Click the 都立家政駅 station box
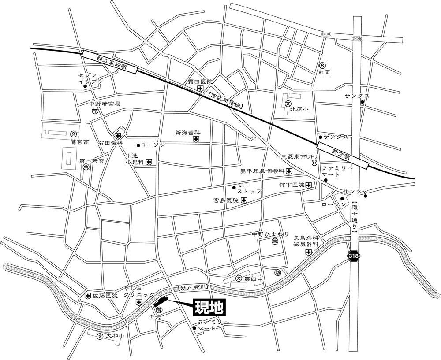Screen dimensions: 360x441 coord(109,62)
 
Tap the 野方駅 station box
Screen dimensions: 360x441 coord(344,155)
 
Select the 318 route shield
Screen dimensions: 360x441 coord(354,256)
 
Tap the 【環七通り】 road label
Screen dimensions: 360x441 coord(355,216)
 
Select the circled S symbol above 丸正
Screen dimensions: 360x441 coord(323,64)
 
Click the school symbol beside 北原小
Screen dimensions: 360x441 coord(288,104)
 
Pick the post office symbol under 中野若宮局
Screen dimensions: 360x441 coord(95,112)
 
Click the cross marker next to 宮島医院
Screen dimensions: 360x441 coord(244,200)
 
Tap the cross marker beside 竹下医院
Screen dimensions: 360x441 coord(308,186)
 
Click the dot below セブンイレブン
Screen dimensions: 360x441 coord(86,86)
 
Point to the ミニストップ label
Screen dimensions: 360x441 coord(249,189)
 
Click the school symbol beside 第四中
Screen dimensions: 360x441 coord(239,278)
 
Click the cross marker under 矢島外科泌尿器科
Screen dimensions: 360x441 coord(308,252)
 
